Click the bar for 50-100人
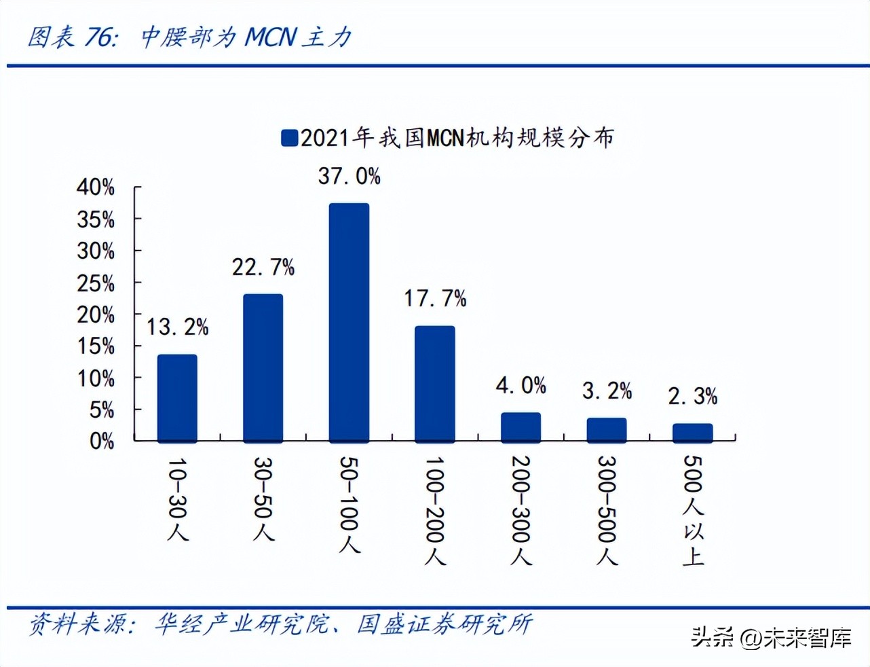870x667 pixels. coord(349,323)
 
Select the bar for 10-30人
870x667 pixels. coord(177,398)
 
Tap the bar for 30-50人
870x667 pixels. coord(263,368)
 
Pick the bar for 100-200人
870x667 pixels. coord(434,384)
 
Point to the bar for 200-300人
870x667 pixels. coord(521,427)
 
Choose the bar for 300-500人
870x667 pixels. coord(607,430)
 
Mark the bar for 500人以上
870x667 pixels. coord(692,433)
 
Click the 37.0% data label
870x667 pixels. coord(349,176)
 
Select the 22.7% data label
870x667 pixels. coord(263,267)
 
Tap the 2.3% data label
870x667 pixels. coord(692,396)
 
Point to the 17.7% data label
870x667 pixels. coord(435,298)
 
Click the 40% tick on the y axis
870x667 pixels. coord(95,187)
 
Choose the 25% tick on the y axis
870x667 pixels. coord(95,283)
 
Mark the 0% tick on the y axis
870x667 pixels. coord(101,441)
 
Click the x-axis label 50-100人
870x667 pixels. coord(349,504)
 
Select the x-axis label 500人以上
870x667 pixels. coord(693,510)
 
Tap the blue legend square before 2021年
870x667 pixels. coord(289,138)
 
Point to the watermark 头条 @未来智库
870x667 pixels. coord(771,638)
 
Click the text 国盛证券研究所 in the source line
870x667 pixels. coord(445,624)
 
